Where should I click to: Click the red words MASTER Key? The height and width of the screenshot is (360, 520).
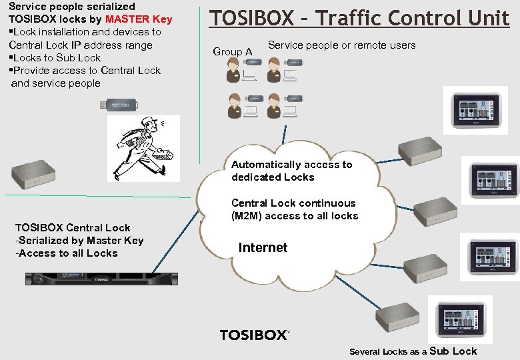[x=139, y=19]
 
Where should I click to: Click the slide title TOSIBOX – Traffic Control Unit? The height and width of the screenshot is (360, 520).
[x=359, y=18]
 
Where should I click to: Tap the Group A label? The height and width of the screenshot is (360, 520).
[x=232, y=51]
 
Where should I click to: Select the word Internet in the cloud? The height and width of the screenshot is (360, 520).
[x=263, y=248]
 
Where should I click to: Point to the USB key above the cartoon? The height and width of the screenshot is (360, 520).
[x=119, y=104]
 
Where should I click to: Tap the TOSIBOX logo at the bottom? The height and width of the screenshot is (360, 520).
[x=255, y=335]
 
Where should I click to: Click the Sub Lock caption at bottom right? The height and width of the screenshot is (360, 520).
[x=453, y=351]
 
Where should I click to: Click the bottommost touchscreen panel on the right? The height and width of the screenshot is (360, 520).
[x=460, y=319]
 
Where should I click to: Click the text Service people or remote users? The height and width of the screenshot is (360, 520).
[x=341, y=45]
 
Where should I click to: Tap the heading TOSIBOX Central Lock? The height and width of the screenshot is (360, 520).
[x=73, y=227]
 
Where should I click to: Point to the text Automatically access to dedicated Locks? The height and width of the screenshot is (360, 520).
[x=291, y=171]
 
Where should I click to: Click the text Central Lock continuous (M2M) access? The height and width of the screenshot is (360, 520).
[x=294, y=209]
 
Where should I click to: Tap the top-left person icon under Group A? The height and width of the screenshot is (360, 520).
[x=234, y=70]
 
